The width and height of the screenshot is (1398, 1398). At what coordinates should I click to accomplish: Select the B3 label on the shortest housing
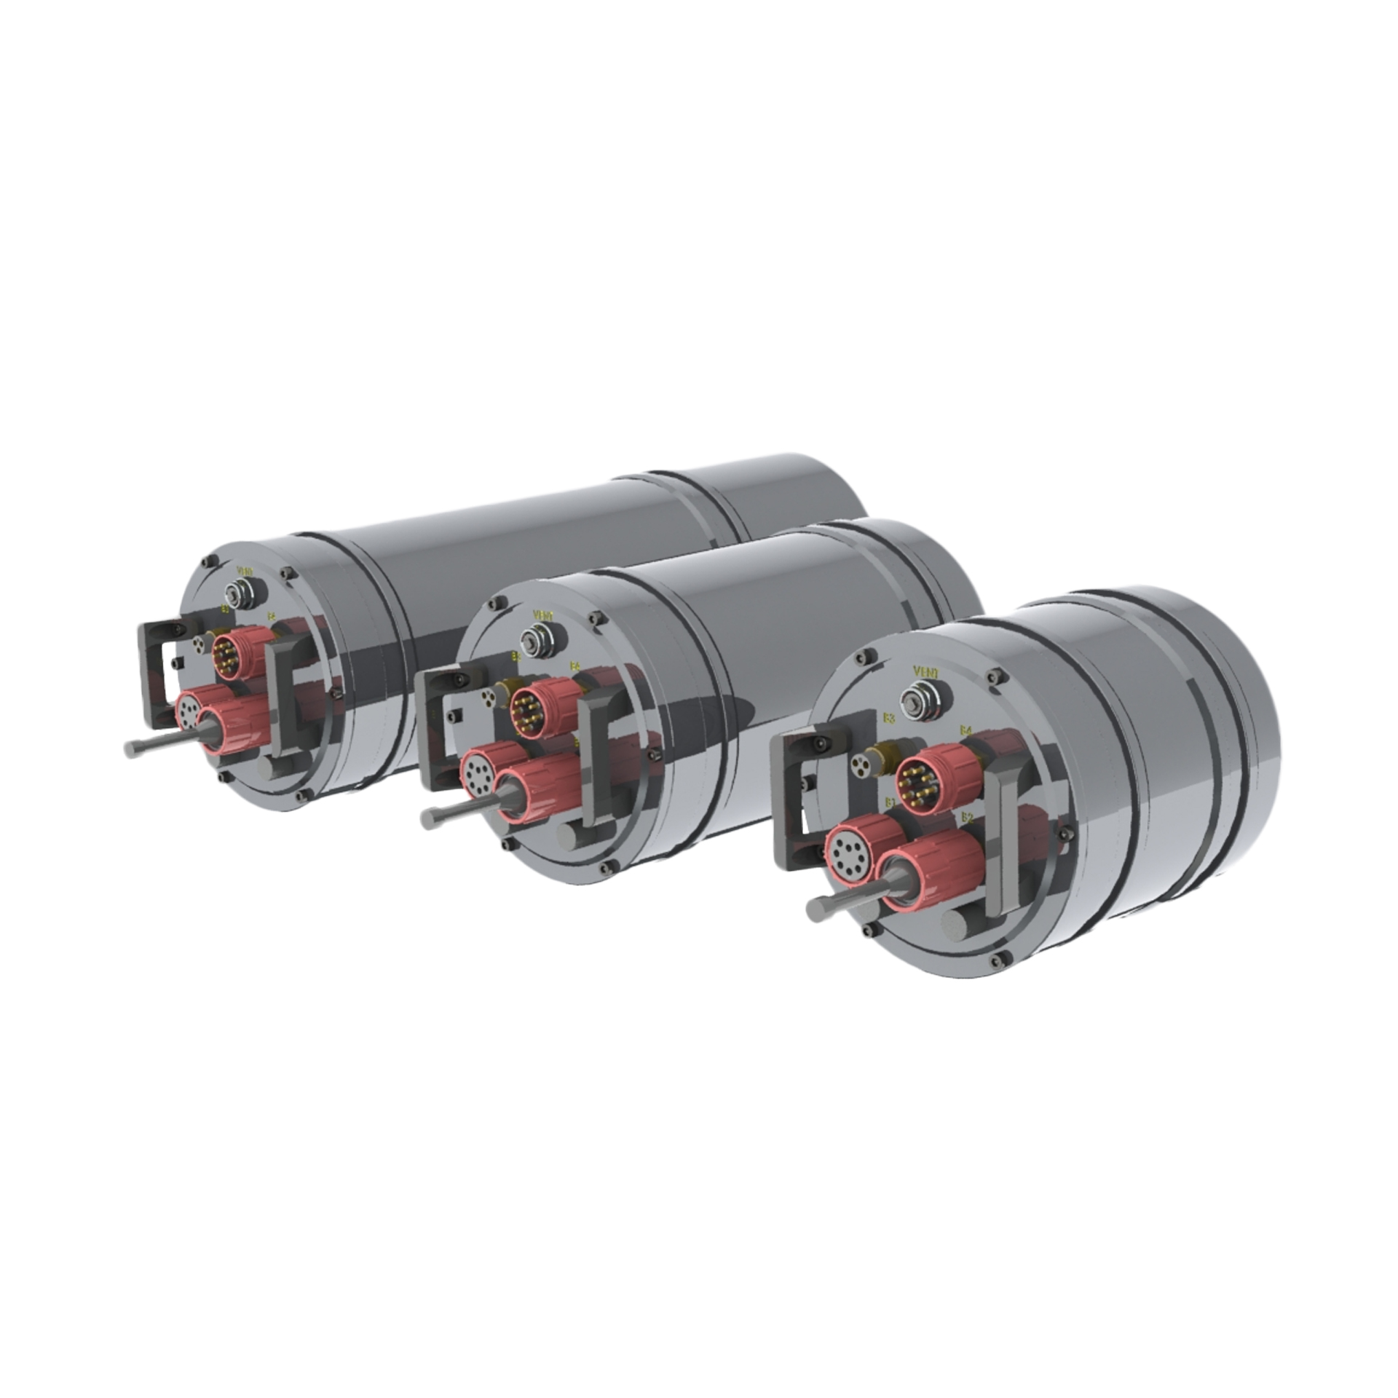pos(888,718)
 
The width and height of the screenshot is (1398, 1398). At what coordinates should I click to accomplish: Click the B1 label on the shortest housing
pos(890,802)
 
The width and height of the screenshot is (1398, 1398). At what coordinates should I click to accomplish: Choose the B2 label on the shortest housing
pos(966,817)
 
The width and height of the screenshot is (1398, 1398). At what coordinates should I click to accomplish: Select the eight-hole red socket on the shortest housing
pos(849,852)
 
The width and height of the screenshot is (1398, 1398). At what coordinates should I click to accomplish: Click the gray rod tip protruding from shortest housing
pos(817,907)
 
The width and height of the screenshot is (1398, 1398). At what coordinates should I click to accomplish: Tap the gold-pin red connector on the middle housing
pos(531,705)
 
